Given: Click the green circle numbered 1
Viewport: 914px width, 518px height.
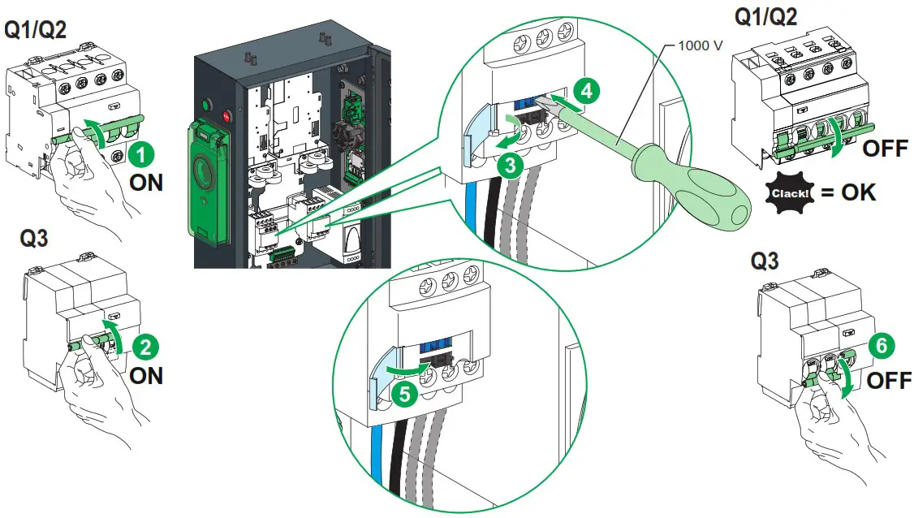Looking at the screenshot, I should click(x=143, y=152).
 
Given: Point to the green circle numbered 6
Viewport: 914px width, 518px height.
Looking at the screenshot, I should click(x=882, y=346).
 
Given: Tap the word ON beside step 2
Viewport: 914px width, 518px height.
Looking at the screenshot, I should click(x=147, y=376).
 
